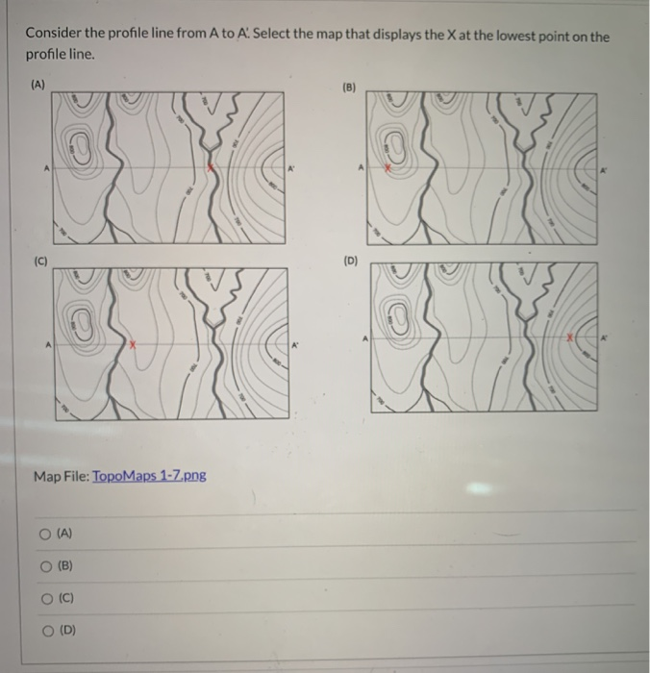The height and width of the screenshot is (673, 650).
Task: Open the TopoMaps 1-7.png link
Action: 148,476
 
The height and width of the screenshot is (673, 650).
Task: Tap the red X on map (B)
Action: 387,167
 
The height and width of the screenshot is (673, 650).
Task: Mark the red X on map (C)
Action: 134,343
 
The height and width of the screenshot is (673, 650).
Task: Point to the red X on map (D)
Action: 569,338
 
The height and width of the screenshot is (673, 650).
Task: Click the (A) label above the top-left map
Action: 37,85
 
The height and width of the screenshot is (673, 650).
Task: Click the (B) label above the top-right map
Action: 349,87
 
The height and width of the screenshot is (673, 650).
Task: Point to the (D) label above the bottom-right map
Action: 351,260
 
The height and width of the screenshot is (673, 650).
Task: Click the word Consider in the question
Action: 54,37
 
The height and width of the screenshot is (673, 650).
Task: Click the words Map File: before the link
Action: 62,476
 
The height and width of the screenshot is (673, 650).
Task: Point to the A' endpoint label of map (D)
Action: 606,338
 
